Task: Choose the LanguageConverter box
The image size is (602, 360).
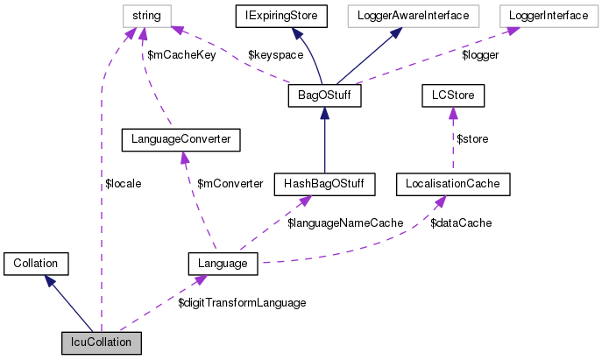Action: [181, 138]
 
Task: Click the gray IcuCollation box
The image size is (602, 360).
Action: [102, 342]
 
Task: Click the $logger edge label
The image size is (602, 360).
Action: [479, 55]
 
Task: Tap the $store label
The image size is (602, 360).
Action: [472, 138]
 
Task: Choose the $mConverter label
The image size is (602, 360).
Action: [230, 183]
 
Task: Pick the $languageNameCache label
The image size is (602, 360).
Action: [345, 223]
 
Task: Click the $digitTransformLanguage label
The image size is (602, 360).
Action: [242, 302]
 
